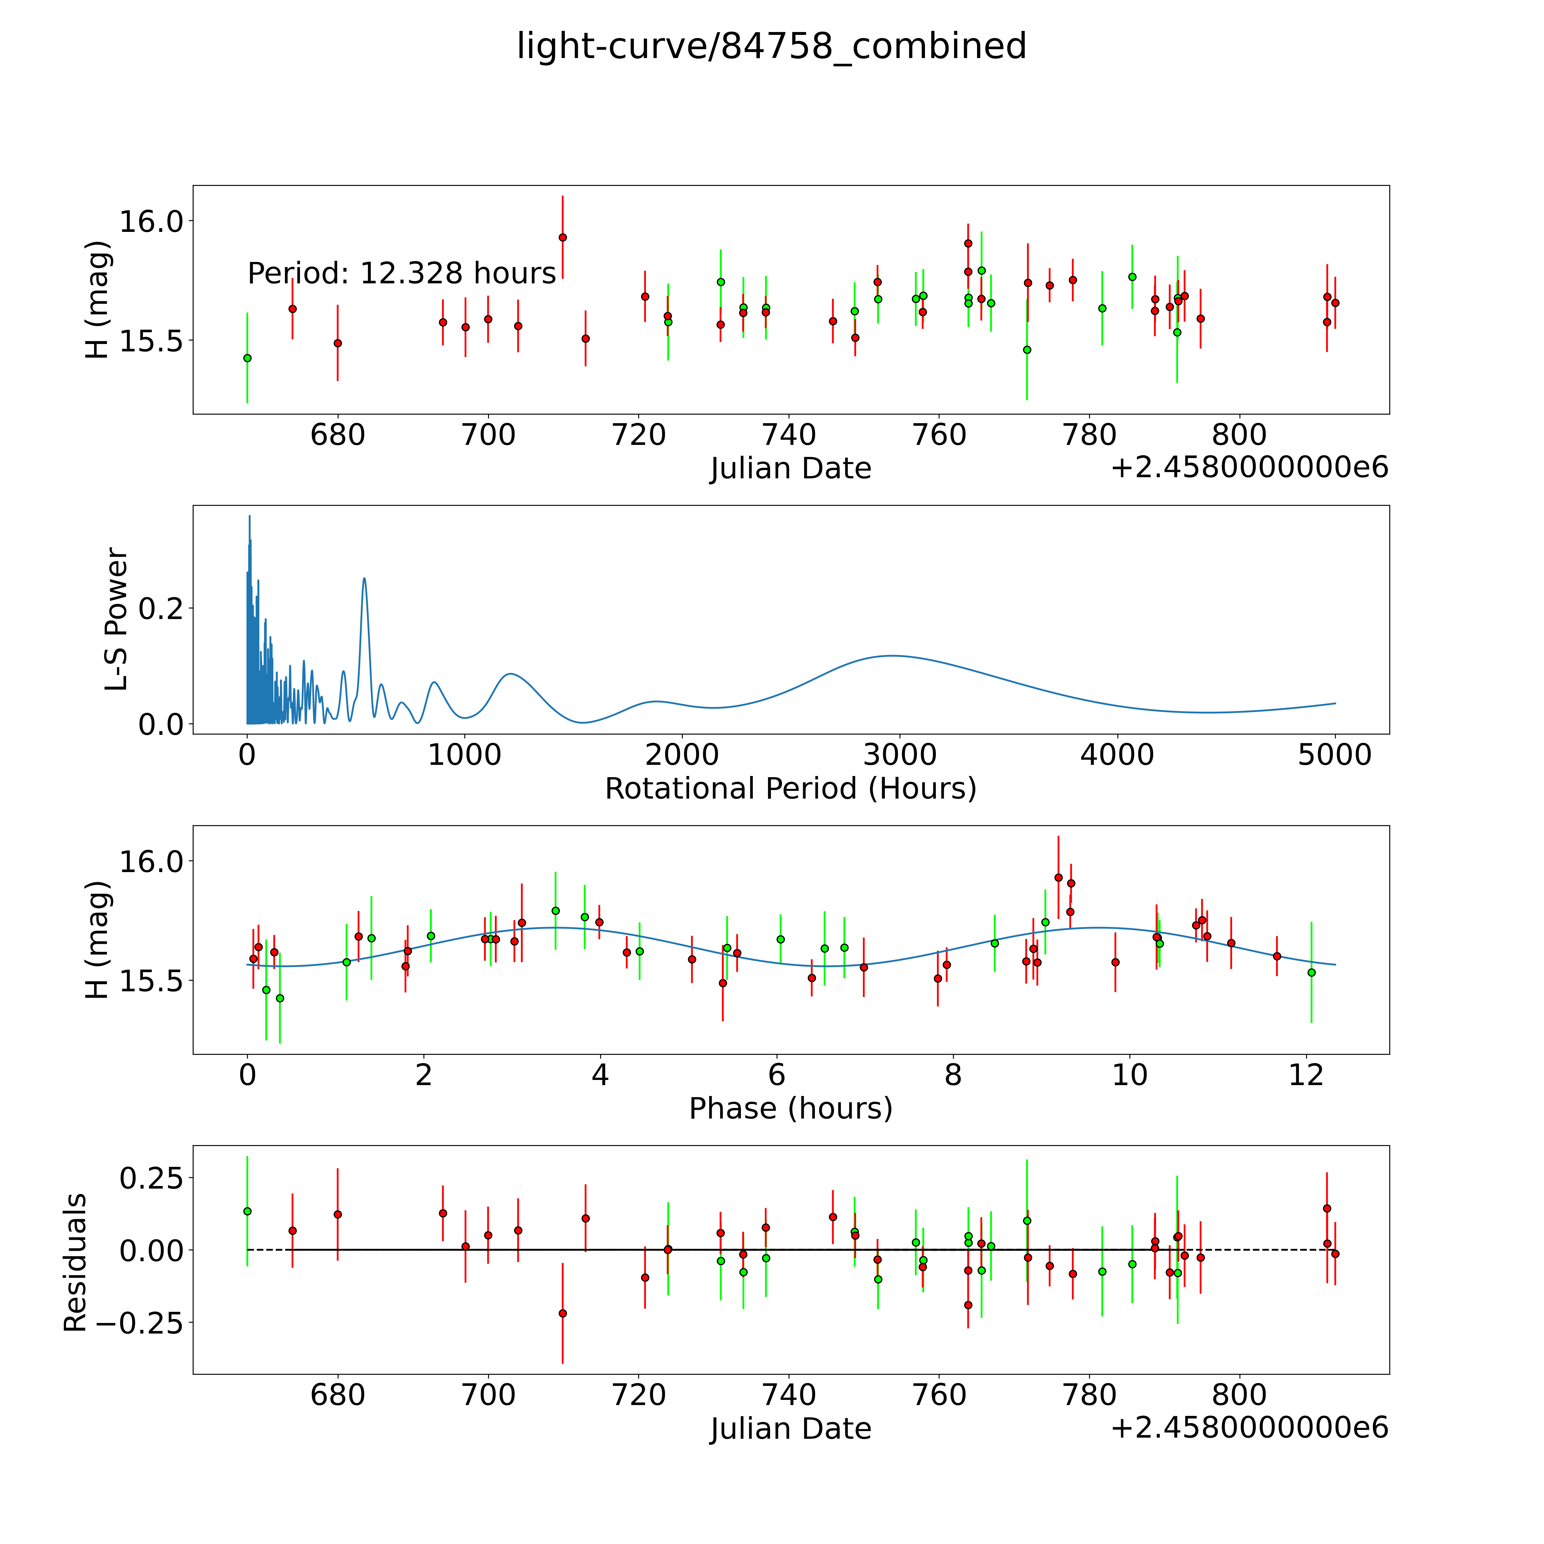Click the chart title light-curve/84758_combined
[x=771, y=46]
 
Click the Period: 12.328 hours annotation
[x=401, y=273]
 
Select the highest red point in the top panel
[x=563, y=237]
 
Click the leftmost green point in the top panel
[x=247, y=358]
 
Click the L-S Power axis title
[x=117, y=619]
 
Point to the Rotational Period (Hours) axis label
[x=790, y=789]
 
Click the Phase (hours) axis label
[x=790, y=1109]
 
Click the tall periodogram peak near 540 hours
[x=365, y=579]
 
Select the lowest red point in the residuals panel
[x=563, y=1313]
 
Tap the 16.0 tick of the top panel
[x=150, y=221]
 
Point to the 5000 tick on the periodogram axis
[x=1335, y=755]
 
